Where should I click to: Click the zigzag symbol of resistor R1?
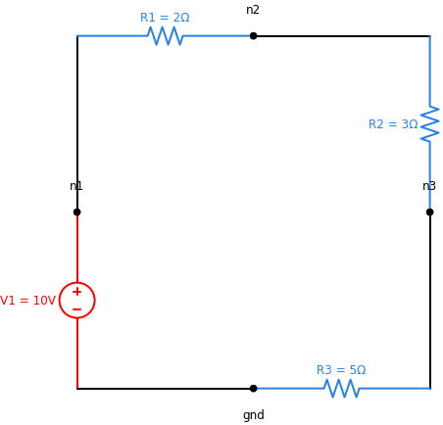coord(165,36)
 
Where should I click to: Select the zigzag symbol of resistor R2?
coord(429,124)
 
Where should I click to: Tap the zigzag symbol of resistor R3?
coord(341,389)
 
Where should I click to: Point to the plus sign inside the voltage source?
coord(76,292)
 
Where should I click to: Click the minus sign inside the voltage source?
coord(76,309)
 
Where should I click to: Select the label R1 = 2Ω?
coord(165,18)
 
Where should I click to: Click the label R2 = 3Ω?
coord(393,124)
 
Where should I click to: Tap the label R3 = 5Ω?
coord(341,370)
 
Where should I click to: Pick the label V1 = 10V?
coord(28,301)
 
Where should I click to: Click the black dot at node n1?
coord(76,212)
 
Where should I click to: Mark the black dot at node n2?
coord(253,36)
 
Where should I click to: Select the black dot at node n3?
coord(429,212)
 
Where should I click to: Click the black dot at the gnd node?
coord(253,389)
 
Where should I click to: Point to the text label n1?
coord(76,186)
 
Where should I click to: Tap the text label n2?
coord(253,10)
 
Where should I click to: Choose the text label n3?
coord(429,186)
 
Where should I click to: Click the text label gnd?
coord(253,415)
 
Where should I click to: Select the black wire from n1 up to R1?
coord(76,118)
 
